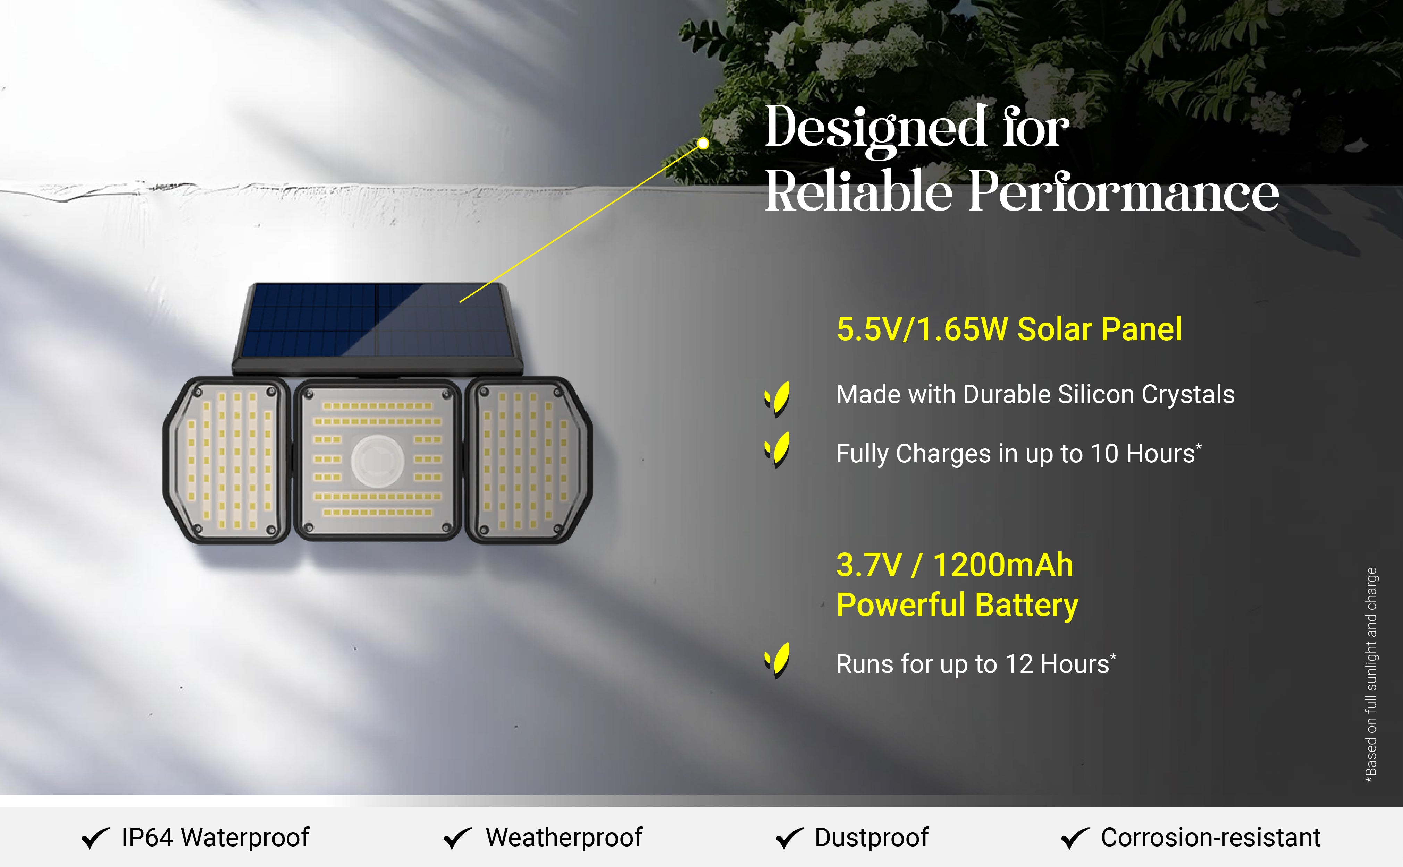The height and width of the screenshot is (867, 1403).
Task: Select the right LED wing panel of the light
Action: [529, 460]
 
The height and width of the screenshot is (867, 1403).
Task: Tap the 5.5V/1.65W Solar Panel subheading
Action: [1009, 329]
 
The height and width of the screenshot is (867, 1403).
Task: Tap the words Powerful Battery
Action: [957, 606]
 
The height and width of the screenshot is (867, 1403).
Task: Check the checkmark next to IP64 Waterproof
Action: [95, 838]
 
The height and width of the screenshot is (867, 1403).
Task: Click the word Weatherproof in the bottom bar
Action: [564, 838]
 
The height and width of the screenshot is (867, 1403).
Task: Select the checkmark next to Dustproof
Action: [790, 838]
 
